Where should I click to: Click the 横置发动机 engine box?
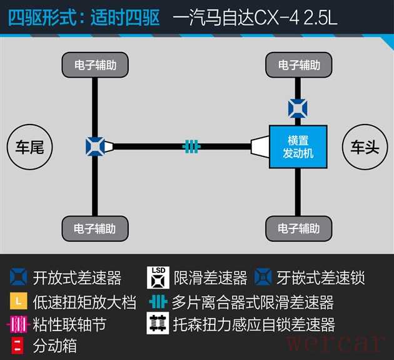coord(298,147)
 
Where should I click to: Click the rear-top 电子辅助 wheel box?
coord(95,65)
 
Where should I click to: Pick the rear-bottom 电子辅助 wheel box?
coord(95,229)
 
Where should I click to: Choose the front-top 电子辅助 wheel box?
coord(299,65)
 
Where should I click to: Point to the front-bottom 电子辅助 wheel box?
coord(299,229)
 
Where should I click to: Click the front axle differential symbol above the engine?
coord(298,109)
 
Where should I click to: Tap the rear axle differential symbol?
coord(95,147)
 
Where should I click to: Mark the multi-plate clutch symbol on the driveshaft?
coord(191,147)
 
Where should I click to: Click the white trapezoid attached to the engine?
coord(260,147)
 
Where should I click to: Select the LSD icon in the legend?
coord(158,277)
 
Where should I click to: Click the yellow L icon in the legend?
coord(19,301)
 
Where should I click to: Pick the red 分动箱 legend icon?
coord(18,346)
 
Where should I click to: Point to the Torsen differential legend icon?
coord(158,323)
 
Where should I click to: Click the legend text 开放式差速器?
coord(77,278)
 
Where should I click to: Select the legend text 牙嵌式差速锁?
coord(320,278)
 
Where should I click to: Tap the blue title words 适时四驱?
coord(125,18)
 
